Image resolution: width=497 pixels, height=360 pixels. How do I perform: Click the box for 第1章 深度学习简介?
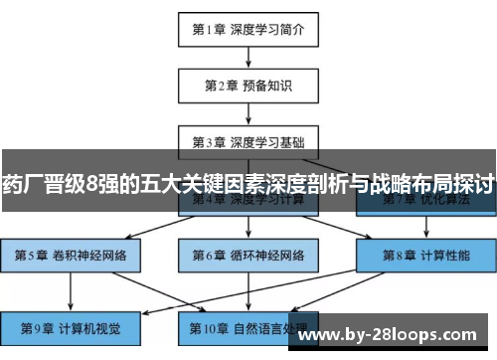(248, 29)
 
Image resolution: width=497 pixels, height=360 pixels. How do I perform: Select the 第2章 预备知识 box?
(248, 86)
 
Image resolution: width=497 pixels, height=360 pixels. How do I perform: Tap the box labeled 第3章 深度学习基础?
(248, 140)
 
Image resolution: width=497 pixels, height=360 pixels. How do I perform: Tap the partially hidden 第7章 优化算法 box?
(425, 203)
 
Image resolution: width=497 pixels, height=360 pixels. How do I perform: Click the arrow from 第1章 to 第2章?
(248, 57)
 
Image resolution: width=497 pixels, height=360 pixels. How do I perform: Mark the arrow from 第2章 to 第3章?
(248, 112)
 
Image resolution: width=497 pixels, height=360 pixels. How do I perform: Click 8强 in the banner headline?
(102, 183)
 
